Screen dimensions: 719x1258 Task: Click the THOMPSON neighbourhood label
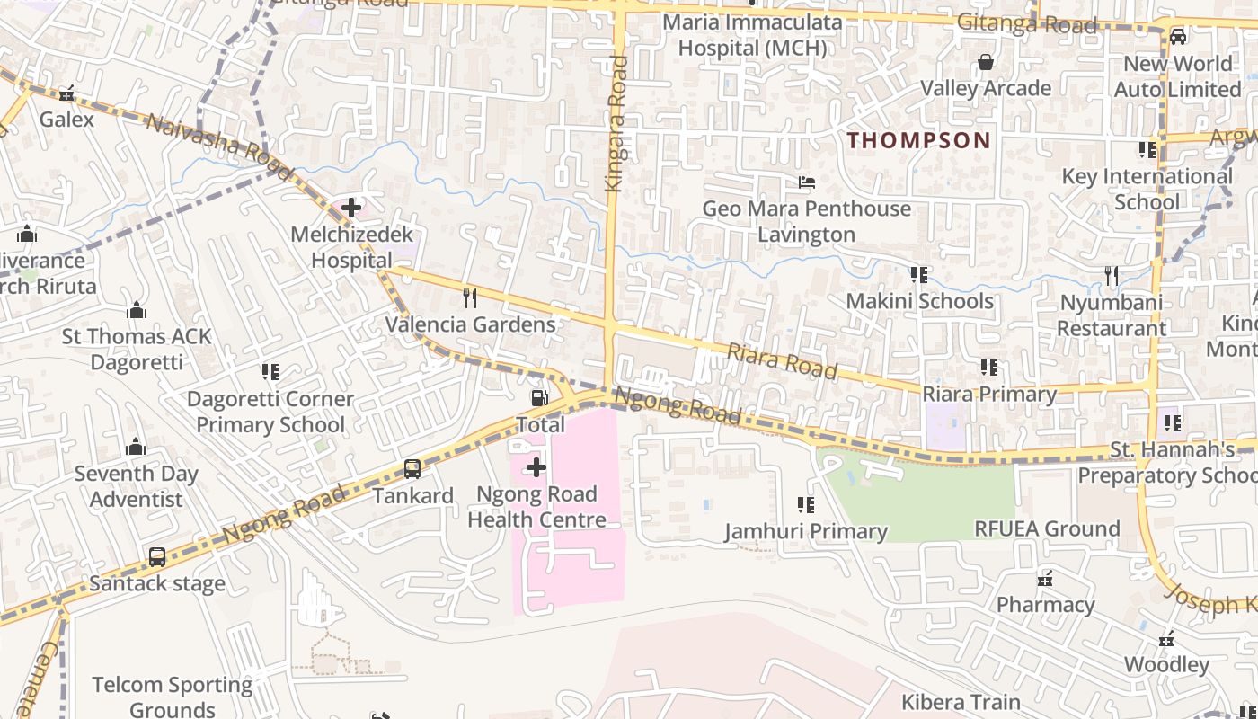(x=918, y=140)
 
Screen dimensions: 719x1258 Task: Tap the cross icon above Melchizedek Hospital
(x=351, y=209)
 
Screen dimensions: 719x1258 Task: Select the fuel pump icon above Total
(x=539, y=397)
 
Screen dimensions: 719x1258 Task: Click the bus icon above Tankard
(x=412, y=468)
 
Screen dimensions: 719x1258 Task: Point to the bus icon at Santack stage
(x=157, y=556)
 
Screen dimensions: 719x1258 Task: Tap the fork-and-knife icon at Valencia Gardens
(x=469, y=297)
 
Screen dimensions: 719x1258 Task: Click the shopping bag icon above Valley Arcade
(x=986, y=62)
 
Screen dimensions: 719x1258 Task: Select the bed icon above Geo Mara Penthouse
(x=806, y=182)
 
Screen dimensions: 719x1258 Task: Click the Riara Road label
(x=782, y=359)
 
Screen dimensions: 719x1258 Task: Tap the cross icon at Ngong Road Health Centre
(x=536, y=467)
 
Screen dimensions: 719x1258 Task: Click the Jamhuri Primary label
(x=806, y=532)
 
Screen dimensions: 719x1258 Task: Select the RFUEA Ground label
(x=1047, y=528)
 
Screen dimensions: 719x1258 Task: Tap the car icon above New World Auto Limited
(x=1177, y=37)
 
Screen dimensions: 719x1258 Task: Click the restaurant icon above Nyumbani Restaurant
(x=1112, y=276)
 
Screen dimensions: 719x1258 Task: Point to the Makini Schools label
(x=919, y=301)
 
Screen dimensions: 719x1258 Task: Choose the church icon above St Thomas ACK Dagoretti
(x=137, y=310)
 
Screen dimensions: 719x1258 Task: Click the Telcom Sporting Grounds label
(x=173, y=697)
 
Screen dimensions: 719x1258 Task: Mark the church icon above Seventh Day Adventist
(x=136, y=447)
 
